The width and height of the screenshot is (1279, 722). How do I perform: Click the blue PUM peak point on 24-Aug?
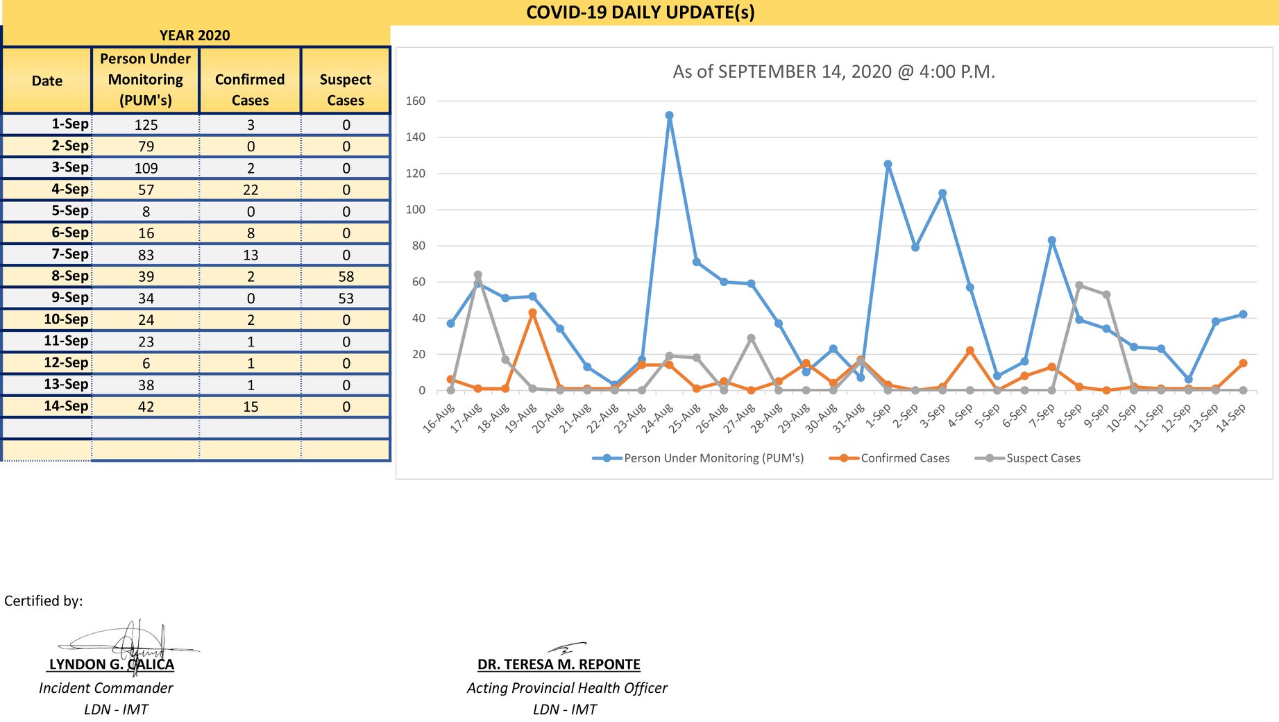[669, 116]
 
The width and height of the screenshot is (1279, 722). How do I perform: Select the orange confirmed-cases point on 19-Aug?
[532, 313]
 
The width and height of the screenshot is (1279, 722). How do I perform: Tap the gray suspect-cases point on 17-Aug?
[477, 275]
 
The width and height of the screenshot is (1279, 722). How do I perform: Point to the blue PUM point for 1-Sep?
[888, 165]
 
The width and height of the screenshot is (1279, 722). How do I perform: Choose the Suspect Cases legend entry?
[1028, 458]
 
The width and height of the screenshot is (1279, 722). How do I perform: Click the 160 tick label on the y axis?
[416, 101]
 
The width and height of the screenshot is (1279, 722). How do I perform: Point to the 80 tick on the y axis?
[418, 246]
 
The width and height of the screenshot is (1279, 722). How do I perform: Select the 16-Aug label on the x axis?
[439, 419]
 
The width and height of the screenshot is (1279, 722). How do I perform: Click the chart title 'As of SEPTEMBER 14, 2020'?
[782, 72]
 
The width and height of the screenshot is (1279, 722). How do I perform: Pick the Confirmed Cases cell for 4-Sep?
[251, 190]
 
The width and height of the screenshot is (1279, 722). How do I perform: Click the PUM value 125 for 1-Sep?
[146, 125]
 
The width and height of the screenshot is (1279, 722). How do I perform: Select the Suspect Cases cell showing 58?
[346, 276]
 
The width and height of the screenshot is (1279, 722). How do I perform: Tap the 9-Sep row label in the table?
[70, 298]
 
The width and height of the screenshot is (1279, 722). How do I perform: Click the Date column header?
[47, 81]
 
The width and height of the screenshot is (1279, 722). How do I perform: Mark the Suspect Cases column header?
[346, 90]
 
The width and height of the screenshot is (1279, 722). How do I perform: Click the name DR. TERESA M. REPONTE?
[559, 664]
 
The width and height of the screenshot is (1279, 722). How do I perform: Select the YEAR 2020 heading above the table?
[194, 35]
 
